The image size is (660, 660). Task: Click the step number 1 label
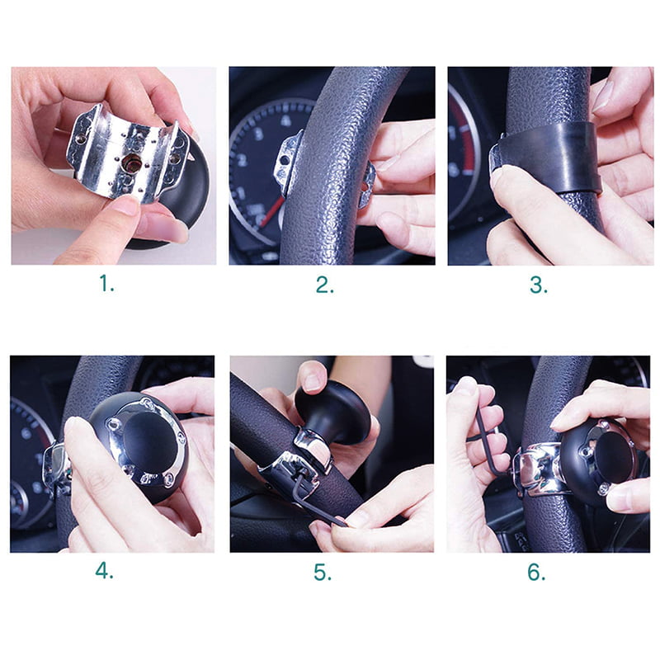(106, 283)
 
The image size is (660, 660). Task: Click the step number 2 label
(325, 285)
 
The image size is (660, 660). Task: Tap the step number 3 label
(539, 285)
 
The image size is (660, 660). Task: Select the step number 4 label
(104, 571)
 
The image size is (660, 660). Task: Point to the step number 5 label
(323, 573)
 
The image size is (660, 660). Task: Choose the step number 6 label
(536, 573)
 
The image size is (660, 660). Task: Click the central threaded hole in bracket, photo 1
(131, 162)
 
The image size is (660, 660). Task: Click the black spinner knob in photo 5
(332, 412)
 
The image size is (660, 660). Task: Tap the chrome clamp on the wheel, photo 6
(538, 468)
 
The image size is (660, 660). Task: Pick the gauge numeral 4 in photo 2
(285, 120)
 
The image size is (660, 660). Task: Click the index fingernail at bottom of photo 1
(126, 205)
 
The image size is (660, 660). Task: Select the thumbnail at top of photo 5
(313, 381)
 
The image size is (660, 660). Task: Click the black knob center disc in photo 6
(615, 458)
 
